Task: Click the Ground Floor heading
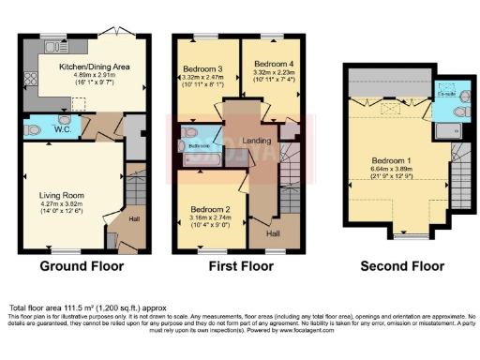tap(81, 266)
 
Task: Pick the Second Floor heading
tap(402, 266)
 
